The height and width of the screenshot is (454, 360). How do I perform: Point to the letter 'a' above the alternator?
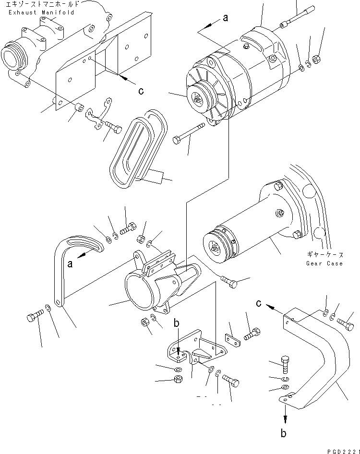click(225, 18)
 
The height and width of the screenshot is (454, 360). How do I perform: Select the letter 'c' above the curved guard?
click(259, 303)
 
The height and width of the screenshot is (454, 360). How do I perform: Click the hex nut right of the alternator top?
click(317, 60)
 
